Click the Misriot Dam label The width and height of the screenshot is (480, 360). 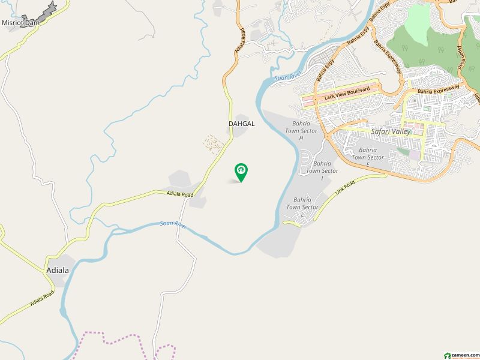(x=20, y=23)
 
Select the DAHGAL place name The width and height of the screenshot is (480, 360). (x=242, y=124)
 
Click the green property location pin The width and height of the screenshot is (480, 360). (x=241, y=172)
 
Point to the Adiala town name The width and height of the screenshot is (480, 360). (x=58, y=270)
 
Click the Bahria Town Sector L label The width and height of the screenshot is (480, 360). (x=302, y=207)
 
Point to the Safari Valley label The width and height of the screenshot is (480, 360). (x=391, y=131)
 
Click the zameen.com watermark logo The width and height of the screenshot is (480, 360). (x=460, y=355)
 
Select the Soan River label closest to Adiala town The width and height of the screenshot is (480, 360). (x=173, y=224)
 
